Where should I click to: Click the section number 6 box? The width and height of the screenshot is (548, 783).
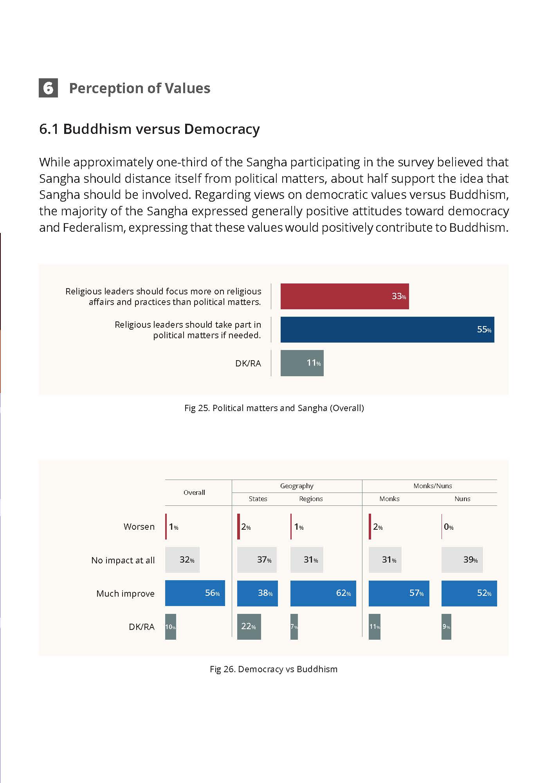(48, 88)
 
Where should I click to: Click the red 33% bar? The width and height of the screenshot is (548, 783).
(344, 296)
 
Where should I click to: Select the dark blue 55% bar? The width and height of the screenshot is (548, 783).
(387, 330)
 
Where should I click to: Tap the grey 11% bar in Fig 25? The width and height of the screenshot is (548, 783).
(302, 363)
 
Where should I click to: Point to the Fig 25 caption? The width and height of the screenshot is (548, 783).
(274, 408)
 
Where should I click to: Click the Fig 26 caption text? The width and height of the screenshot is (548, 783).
(274, 669)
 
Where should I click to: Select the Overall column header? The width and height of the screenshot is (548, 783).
(194, 493)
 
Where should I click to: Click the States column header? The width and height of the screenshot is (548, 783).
(258, 499)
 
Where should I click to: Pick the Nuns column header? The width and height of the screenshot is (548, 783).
(462, 499)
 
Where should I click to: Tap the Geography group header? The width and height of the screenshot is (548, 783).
(297, 486)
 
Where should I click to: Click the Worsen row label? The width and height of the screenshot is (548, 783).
(139, 527)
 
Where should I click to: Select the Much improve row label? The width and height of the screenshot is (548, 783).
(125, 594)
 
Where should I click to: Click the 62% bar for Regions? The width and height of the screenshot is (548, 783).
(323, 593)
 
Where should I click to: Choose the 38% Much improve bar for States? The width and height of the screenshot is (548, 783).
(258, 593)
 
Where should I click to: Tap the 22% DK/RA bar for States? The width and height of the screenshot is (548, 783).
(249, 626)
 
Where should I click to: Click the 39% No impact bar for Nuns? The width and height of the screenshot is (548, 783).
(462, 560)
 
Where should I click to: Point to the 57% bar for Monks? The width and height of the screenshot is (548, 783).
(399, 593)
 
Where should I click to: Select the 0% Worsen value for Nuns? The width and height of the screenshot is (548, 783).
(449, 527)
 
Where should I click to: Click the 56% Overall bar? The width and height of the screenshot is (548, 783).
(195, 593)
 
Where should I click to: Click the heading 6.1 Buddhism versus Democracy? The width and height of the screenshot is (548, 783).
(150, 129)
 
